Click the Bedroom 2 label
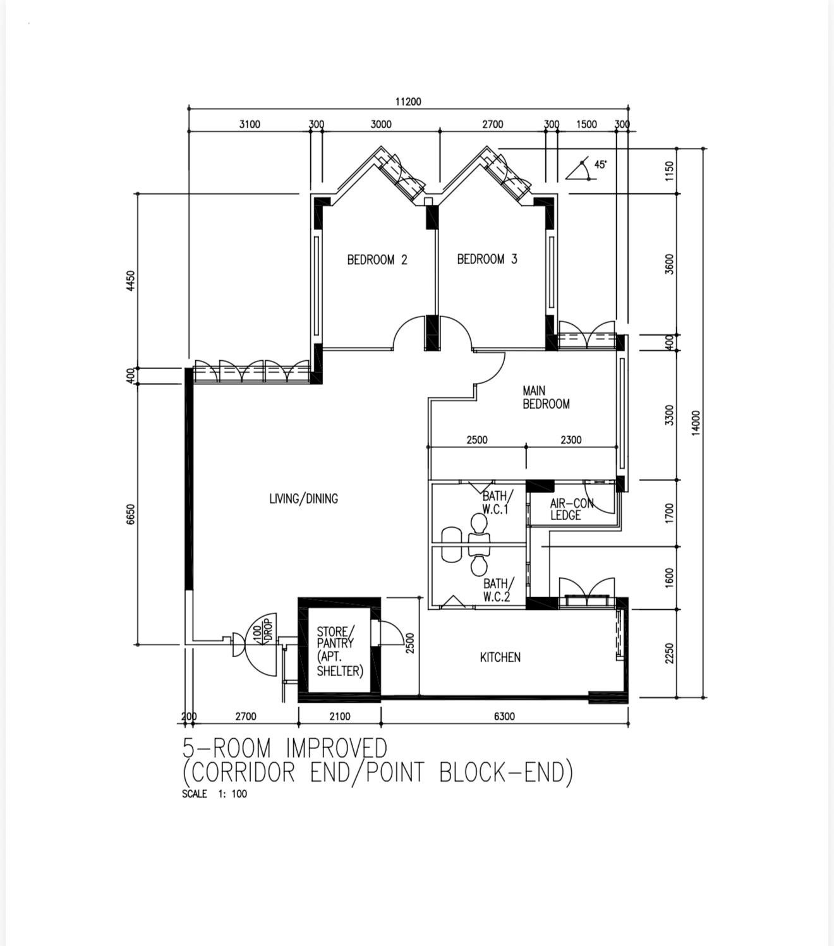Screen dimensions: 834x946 tap(377, 260)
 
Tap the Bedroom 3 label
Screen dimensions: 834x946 tap(487, 259)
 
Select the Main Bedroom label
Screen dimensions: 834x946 tap(546, 397)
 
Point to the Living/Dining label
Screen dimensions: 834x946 tap(303, 499)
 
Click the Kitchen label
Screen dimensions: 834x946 tap(500, 657)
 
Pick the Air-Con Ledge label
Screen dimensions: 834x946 tap(572, 509)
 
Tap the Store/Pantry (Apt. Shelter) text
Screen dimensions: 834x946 tap(339, 652)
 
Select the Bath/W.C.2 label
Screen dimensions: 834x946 tap(499, 590)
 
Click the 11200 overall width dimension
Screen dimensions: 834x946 tap(408, 101)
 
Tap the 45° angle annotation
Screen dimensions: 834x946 tap(600, 164)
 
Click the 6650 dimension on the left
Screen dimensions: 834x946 tap(131, 514)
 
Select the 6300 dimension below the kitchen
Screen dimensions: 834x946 tap(504, 716)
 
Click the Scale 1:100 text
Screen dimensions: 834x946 tap(214, 794)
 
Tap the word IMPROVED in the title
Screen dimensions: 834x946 tap(336, 748)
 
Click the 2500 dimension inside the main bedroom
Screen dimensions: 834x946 tap(477, 440)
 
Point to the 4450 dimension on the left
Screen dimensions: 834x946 tap(131, 281)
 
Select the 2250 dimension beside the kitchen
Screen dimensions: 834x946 tap(669, 653)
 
